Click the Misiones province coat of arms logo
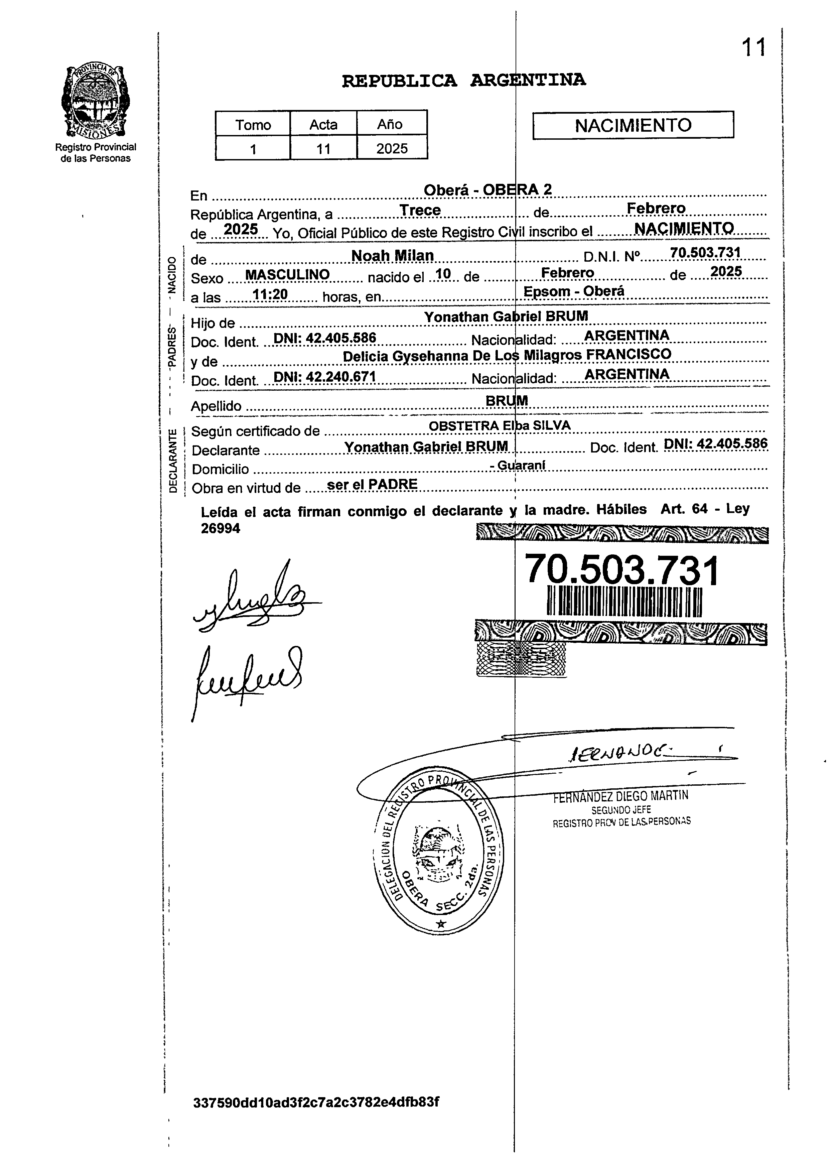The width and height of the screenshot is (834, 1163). click(95, 102)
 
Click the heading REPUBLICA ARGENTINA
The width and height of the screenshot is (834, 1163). click(463, 81)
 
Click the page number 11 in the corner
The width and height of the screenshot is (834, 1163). click(753, 48)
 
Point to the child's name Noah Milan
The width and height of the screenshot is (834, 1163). click(392, 255)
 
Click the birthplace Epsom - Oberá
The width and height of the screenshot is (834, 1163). click(574, 291)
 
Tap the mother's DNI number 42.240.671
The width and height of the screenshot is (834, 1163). click(325, 377)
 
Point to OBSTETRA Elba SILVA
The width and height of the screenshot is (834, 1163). click(499, 426)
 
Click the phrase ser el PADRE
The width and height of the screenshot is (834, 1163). click(372, 484)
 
